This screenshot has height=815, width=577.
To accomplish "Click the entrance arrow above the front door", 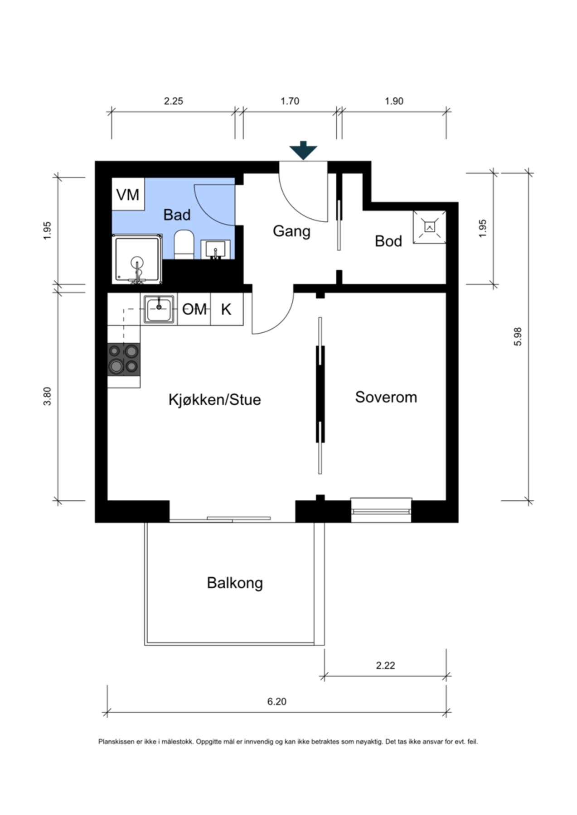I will [303, 151].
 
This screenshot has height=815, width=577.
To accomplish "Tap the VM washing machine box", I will [128, 195].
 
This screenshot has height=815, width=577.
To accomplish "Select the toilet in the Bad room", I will [184, 244].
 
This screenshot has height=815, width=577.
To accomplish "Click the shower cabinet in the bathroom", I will [137, 259].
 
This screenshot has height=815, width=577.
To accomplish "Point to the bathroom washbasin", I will [216, 249].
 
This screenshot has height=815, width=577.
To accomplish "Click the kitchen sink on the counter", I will [159, 309].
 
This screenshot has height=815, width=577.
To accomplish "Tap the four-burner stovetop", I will [123, 359].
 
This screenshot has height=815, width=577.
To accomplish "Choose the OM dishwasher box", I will [194, 310].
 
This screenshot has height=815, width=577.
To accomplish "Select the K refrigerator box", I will [226, 310].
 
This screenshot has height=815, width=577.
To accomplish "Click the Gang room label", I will [291, 231].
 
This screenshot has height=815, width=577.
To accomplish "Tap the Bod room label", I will [388, 241].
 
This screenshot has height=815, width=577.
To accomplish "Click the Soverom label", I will [386, 397].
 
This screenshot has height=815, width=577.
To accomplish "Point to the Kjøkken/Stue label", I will [214, 400].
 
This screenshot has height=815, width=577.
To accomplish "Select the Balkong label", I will [235, 583].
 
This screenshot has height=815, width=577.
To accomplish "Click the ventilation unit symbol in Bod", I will [429, 227].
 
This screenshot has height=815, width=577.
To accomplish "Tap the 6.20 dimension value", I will [276, 702].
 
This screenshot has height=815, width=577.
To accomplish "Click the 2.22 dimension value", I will [385, 666].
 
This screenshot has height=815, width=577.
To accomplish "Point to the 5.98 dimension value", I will [519, 336].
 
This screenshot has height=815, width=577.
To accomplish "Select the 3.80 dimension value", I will [48, 396].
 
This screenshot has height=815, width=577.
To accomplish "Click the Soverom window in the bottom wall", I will [381, 510].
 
